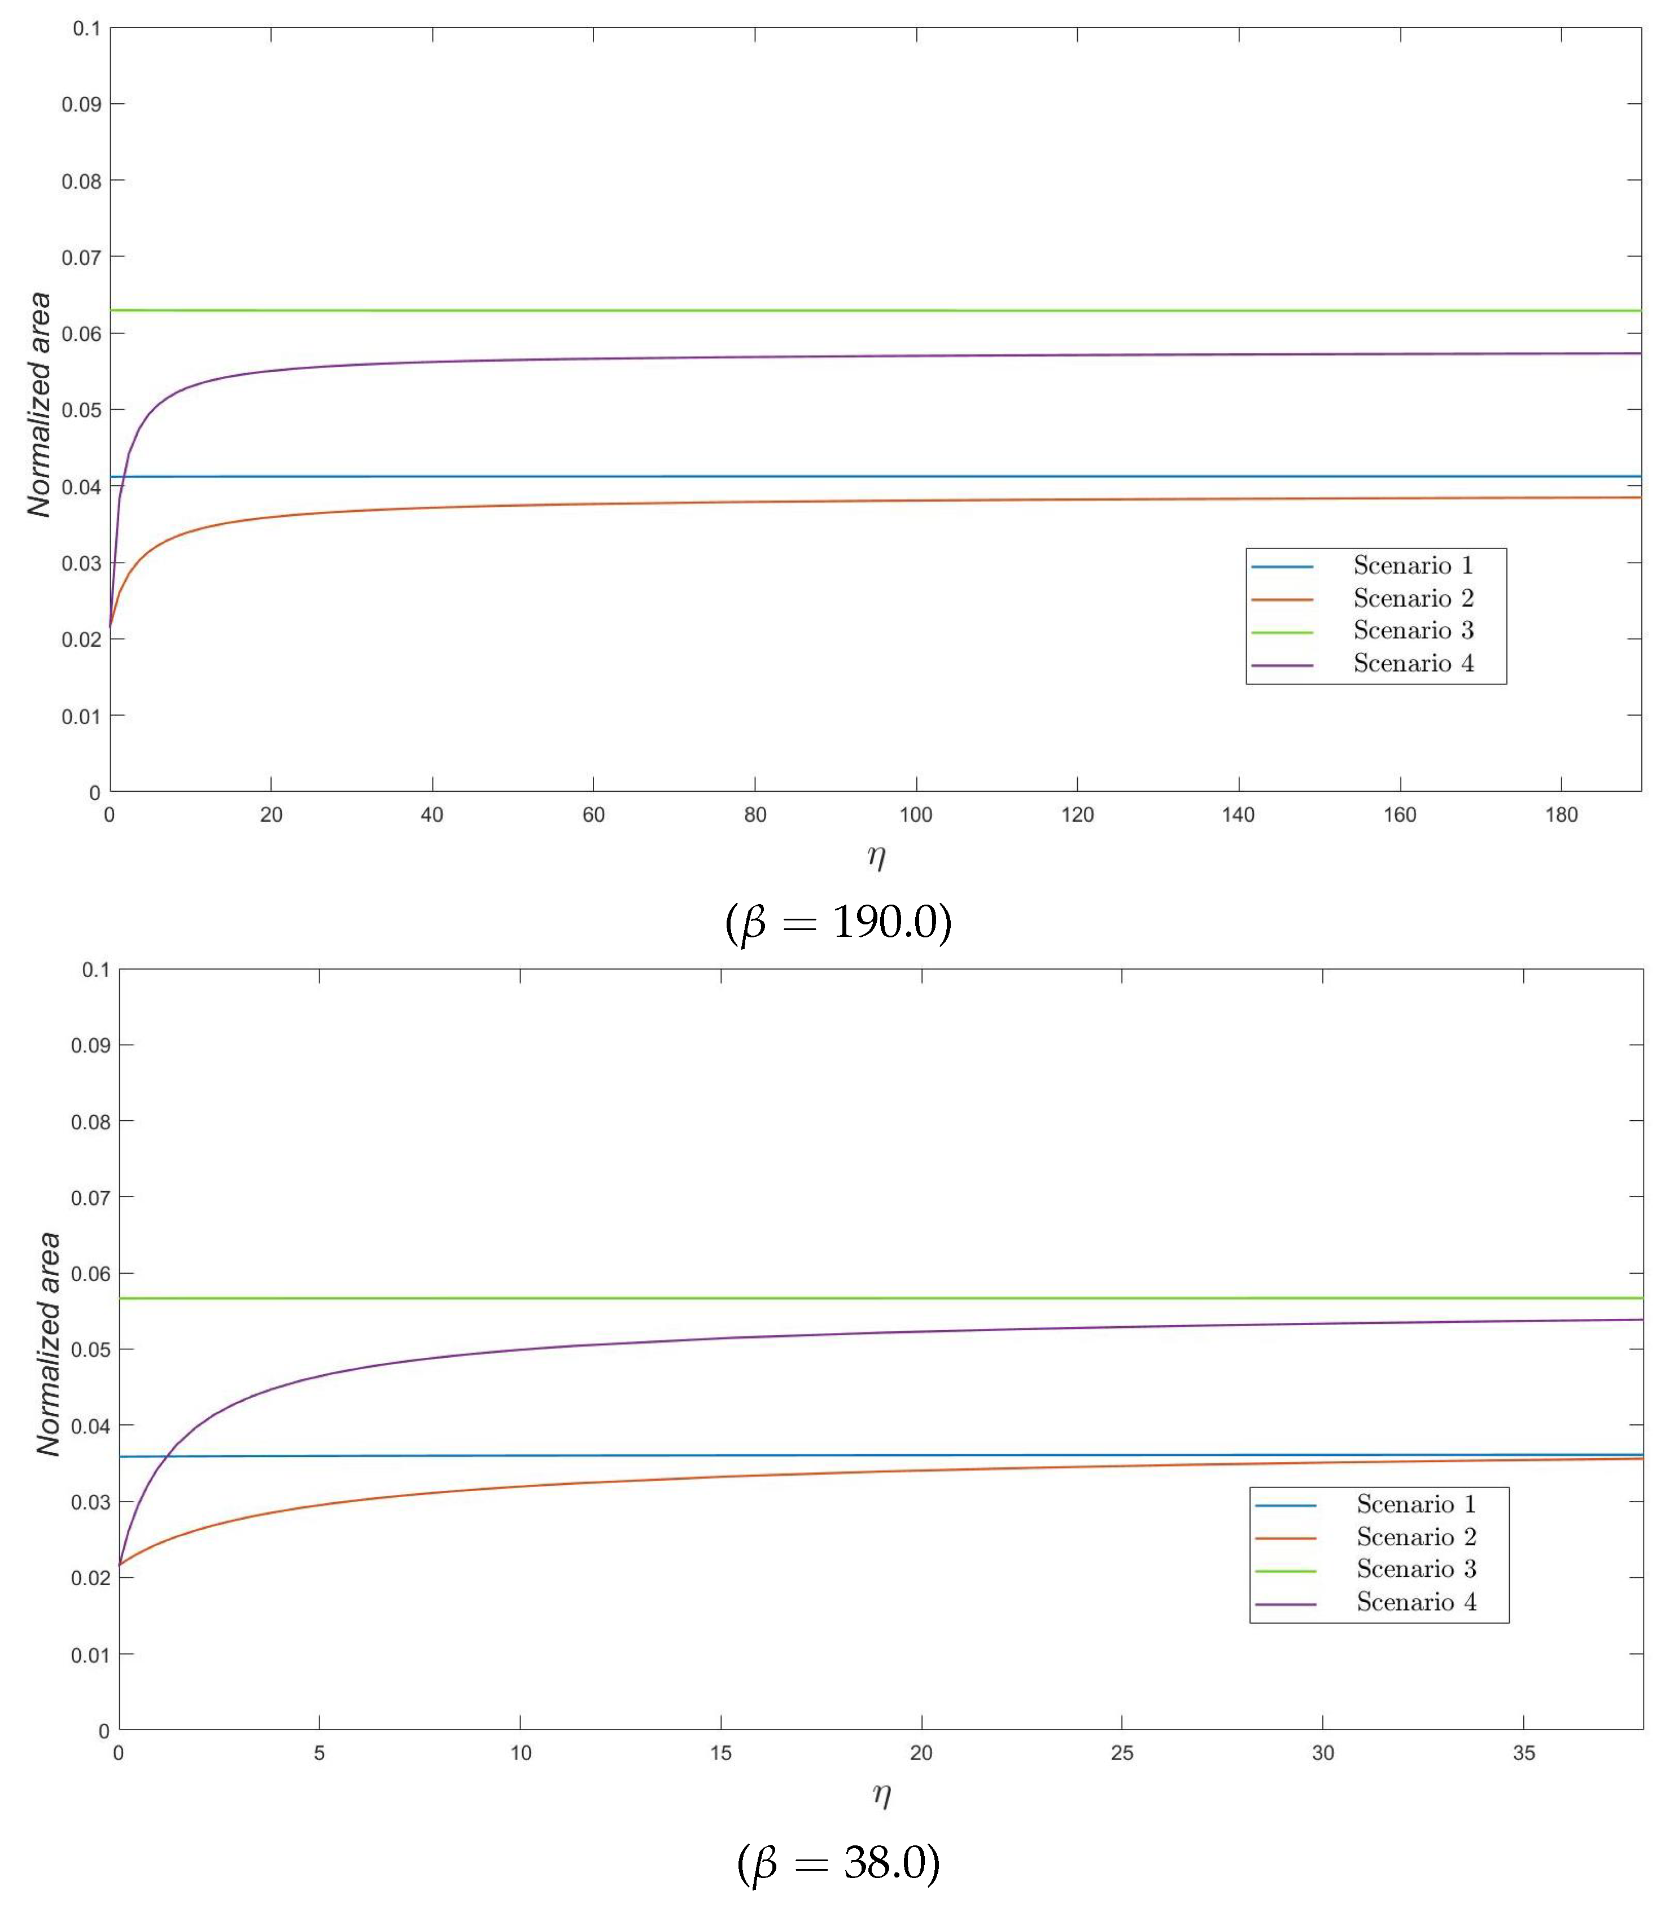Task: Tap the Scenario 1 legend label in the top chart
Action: coord(1413,565)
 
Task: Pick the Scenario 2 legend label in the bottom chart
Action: coord(1415,1537)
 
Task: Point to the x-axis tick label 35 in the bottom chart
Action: coord(1523,1753)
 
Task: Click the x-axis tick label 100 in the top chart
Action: coord(915,815)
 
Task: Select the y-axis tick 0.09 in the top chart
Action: coord(81,104)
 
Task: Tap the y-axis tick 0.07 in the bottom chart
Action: coord(90,1198)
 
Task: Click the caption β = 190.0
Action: coord(837,922)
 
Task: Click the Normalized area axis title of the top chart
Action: coord(39,404)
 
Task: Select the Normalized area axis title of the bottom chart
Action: coord(49,1344)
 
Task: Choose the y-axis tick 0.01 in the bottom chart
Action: coord(90,1655)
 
